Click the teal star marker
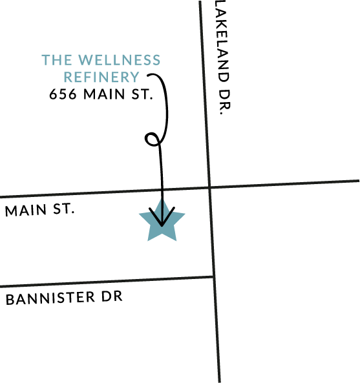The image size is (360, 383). click(x=162, y=222)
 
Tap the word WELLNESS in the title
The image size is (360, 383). click(x=120, y=60)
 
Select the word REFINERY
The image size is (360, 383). click(x=101, y=77)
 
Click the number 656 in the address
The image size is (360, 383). click(x=63, y=94)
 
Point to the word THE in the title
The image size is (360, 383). click(x=57, y=60)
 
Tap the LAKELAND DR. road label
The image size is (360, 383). click(x=223, y=57)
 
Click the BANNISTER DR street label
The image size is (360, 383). click(x=64, y=298)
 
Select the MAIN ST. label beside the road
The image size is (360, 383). click(x=39, y=210)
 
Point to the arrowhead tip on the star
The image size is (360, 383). click(x=162, y=225)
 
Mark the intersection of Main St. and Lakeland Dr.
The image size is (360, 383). click(x=209, y=187)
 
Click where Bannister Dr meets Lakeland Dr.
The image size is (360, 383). click(x=213, y=276)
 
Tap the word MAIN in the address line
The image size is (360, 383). click(x=104, y=94)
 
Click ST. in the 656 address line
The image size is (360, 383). click(x=142, y=94)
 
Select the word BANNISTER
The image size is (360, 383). click(x=50, y=298)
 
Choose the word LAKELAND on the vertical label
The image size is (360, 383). click(x=222, y=41)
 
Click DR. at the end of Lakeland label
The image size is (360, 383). click(x=224, y=102)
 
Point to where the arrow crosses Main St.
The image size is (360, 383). click(x=162, y=189)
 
